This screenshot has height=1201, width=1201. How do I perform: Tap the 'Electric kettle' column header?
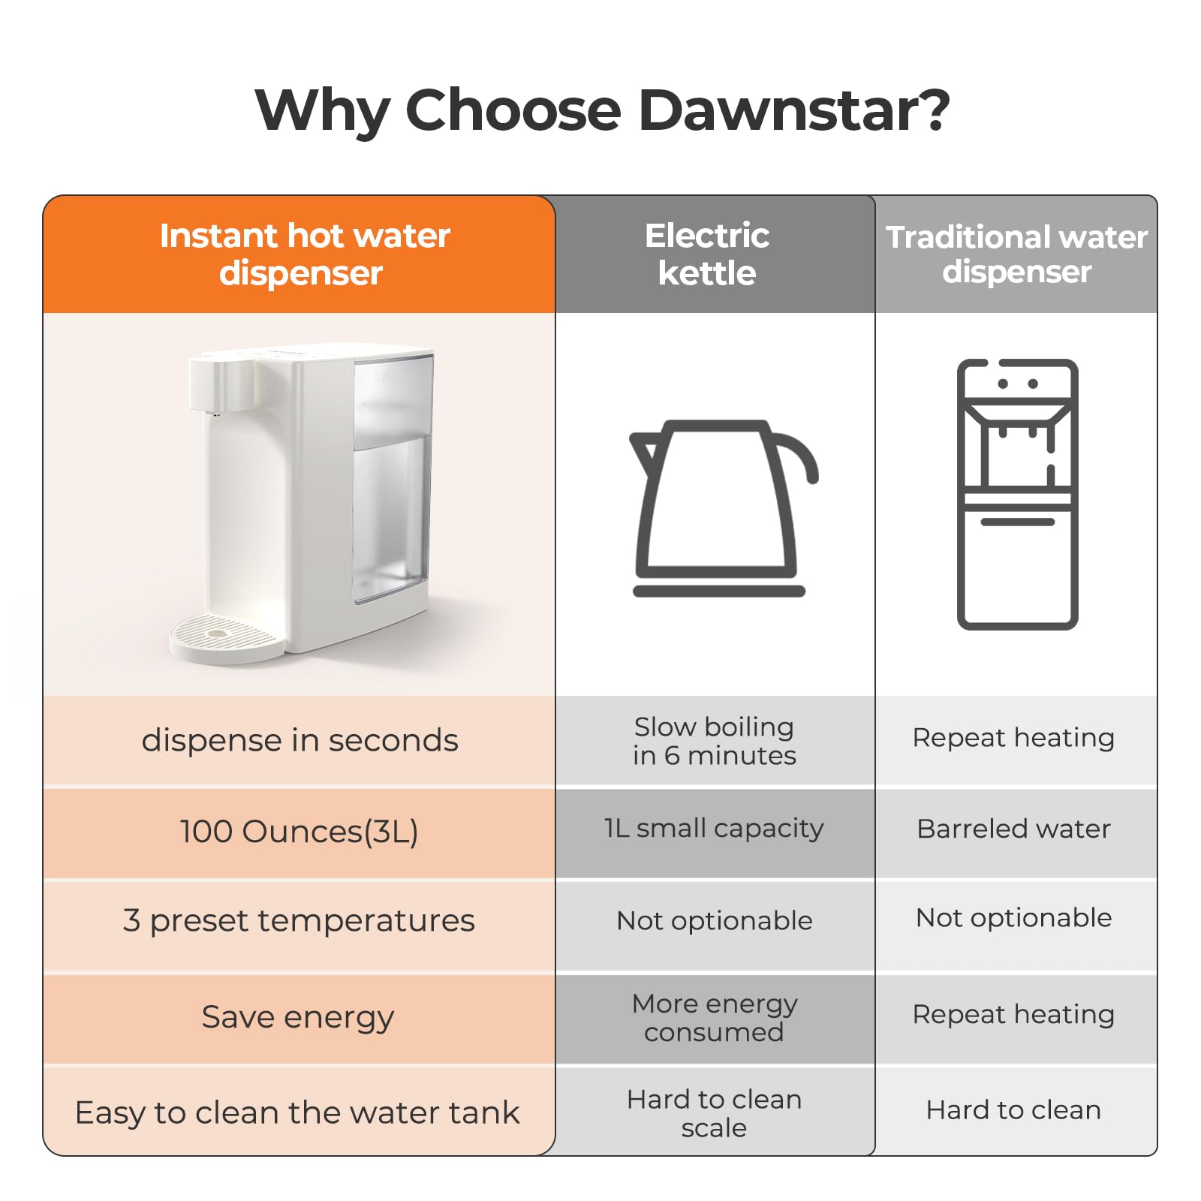707,254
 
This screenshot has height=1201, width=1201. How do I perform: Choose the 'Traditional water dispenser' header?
1016,254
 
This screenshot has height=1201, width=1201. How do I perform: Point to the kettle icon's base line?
718,591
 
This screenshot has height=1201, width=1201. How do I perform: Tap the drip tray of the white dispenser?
224,638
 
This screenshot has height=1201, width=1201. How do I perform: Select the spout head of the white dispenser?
220,384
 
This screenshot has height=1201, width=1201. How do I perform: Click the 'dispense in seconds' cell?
299,741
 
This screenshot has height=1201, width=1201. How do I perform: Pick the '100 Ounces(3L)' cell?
299,832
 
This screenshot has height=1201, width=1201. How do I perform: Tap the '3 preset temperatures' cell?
299,921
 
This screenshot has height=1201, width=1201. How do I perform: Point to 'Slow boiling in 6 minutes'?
714,741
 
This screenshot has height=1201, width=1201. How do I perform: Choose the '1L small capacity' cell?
714,829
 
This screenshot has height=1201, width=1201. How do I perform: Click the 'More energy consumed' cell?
714,1018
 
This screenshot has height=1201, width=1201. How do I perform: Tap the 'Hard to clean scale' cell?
714,1113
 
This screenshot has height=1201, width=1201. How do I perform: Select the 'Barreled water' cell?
1013,829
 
